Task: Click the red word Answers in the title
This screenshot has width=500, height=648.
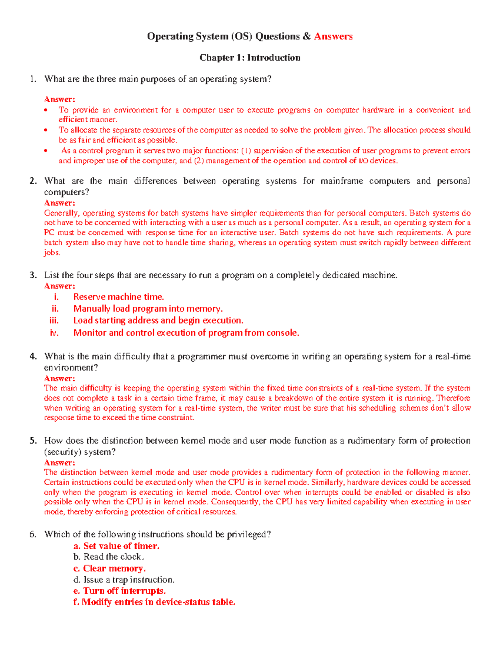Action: [333, 37]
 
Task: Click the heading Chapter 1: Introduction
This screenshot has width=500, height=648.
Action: [250, 58]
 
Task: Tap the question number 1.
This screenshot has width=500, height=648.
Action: [33, 79]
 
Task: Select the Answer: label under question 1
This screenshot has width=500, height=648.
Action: [60, 99]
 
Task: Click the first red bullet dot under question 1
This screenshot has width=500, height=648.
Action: [46, 110]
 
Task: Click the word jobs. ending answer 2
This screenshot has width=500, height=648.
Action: [52, 253]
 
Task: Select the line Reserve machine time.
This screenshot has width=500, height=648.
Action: [118, 297]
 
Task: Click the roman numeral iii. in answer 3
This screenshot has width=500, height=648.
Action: [54, 320]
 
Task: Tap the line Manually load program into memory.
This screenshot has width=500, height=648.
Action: [148, 309]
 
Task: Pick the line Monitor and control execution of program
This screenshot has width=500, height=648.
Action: [186, 333]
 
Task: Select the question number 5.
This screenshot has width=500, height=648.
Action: [33, 441]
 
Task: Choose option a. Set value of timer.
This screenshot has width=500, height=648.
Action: [116, 546]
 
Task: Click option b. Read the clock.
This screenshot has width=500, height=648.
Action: [108, 557]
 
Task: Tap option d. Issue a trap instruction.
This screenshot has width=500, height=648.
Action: [124, 580]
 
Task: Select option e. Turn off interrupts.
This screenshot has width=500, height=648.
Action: [120, 591]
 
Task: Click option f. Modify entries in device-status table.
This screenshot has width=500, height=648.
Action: [154, 602]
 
